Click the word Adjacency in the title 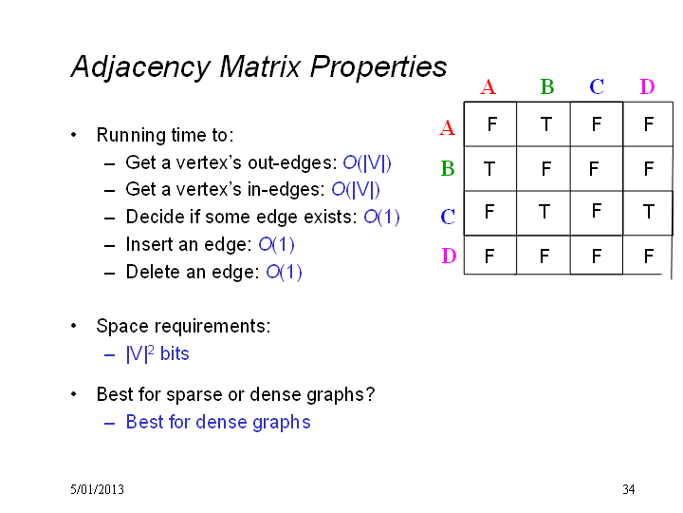[140, 67]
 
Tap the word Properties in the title [378, 67]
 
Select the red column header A [489, 87]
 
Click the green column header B [547, 86]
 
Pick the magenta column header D [647, 86]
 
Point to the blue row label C [448, 217]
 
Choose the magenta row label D [449, 256]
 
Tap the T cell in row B [489, 169]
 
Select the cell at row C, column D [648, 213]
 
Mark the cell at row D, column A [489, 256]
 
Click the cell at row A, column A [491, 124]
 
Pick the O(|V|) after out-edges [367, 162]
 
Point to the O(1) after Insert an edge [277, 244]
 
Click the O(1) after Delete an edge [284, 272]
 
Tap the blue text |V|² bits [157, 353]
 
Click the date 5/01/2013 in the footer [97, 489]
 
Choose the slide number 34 [629, 489]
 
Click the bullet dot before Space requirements [74, 326]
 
